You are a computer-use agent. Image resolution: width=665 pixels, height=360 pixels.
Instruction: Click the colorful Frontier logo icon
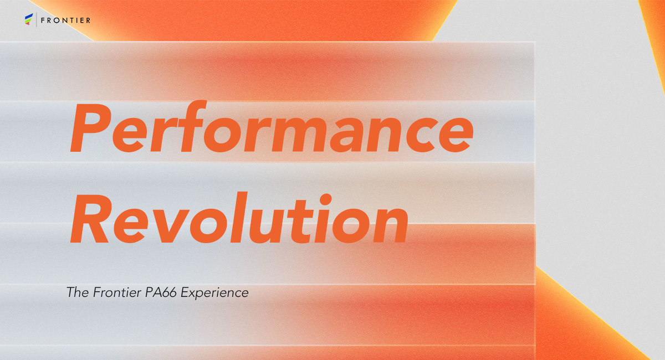[29, 19]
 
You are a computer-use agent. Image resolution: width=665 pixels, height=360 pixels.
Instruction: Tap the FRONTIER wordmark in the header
[65, 20]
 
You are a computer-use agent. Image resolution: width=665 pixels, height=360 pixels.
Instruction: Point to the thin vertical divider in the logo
[37, 19]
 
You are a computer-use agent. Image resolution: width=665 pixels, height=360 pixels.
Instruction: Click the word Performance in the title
[272, 126]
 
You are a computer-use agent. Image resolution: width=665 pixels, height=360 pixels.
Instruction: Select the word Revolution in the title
[239, 218]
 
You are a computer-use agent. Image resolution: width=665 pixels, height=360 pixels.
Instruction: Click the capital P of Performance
[90, 128]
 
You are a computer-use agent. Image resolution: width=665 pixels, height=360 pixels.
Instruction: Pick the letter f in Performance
[193, 126]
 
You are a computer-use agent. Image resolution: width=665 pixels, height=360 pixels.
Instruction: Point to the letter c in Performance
[422, 135]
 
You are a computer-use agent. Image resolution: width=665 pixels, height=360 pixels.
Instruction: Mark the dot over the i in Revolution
[326, 199]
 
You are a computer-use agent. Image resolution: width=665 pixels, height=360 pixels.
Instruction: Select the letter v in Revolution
[169, 225]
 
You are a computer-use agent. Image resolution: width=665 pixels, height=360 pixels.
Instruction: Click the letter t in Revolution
[302, 221]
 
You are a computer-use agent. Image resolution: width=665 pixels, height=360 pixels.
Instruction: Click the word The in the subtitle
[78, 292]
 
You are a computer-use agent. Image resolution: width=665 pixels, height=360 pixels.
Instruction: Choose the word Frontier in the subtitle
[117, 292]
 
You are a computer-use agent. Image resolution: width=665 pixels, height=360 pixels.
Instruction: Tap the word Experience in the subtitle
[214, 293]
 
